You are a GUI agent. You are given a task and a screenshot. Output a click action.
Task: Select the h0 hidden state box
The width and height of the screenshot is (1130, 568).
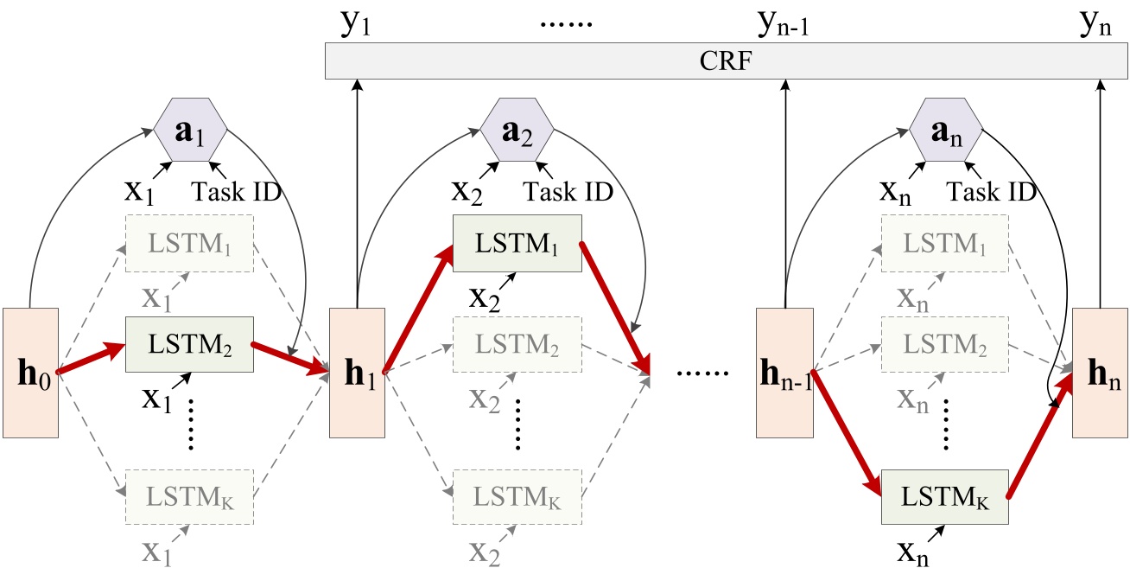(30, 372)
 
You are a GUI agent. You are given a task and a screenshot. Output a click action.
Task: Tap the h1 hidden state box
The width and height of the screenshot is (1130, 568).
(356, 372)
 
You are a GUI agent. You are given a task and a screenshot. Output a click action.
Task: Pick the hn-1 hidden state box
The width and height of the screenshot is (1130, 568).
(784, 372)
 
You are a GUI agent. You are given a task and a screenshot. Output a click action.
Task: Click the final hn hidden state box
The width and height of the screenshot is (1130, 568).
(1100, 372)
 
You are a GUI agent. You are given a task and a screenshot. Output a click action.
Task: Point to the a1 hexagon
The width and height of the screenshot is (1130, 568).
(190, 129)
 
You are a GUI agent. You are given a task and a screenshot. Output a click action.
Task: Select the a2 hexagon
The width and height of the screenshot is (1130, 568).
(517, 129)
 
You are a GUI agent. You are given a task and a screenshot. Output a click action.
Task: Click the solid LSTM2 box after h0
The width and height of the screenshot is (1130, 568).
(190, 344)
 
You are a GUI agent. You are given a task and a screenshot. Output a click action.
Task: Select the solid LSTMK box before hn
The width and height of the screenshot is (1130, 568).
(944, 496)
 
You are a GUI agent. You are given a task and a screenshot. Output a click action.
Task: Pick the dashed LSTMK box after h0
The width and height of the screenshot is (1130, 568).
(190, 496)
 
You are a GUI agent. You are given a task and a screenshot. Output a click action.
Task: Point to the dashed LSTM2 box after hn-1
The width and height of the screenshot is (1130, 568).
(944, 344)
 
